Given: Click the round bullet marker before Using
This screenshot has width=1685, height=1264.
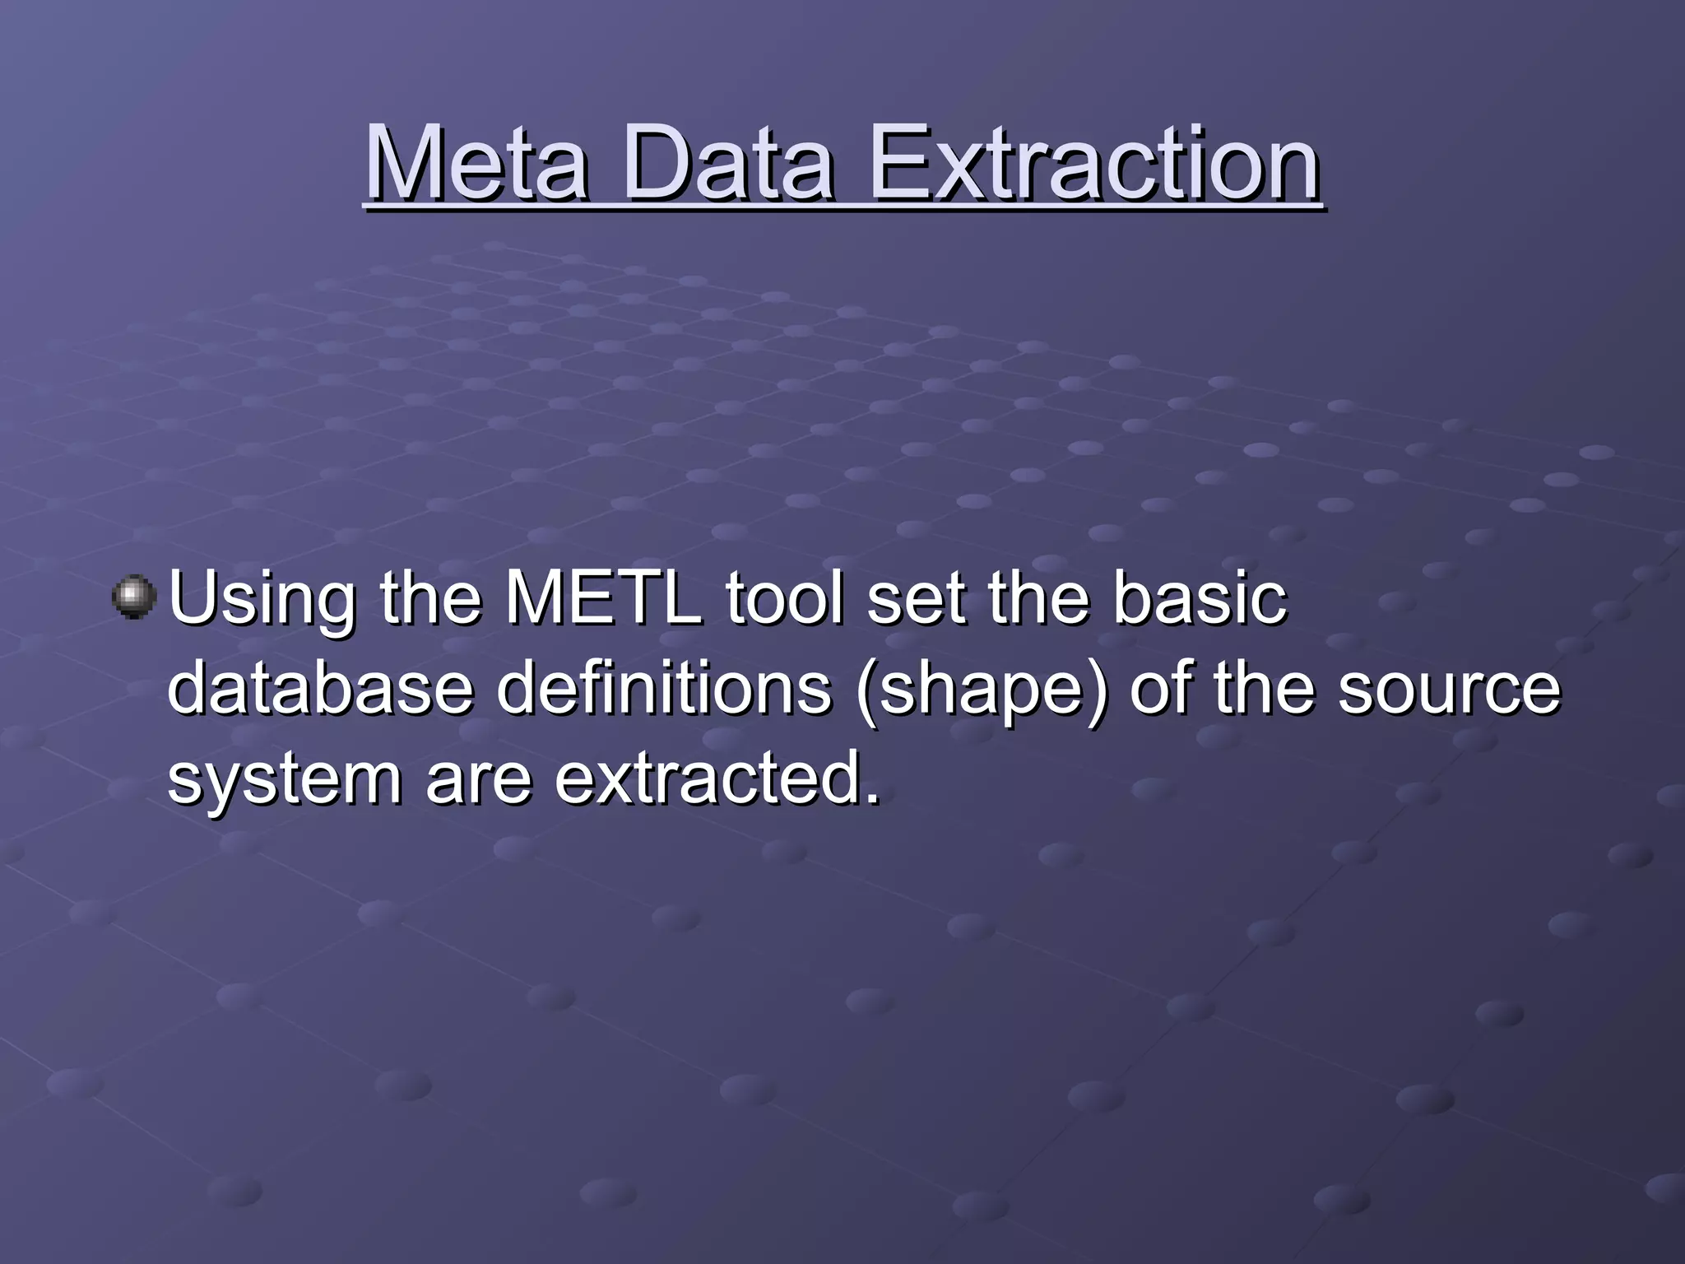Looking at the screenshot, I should click(x=133, y=597).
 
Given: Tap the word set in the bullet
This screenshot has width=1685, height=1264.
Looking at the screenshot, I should click(x=915, y=598).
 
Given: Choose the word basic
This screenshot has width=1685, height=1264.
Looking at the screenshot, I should click(x=1199, y=598).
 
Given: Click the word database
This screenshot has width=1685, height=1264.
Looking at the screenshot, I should click(x=320, y=688).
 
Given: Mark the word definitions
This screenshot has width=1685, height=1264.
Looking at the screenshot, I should click(x=664, y=688).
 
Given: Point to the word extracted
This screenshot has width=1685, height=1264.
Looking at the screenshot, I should click(x=708, y=778).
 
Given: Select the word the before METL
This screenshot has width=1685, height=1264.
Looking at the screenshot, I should click(x=430, y=598).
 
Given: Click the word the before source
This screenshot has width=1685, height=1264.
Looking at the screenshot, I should click(x=1265, y=688).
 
